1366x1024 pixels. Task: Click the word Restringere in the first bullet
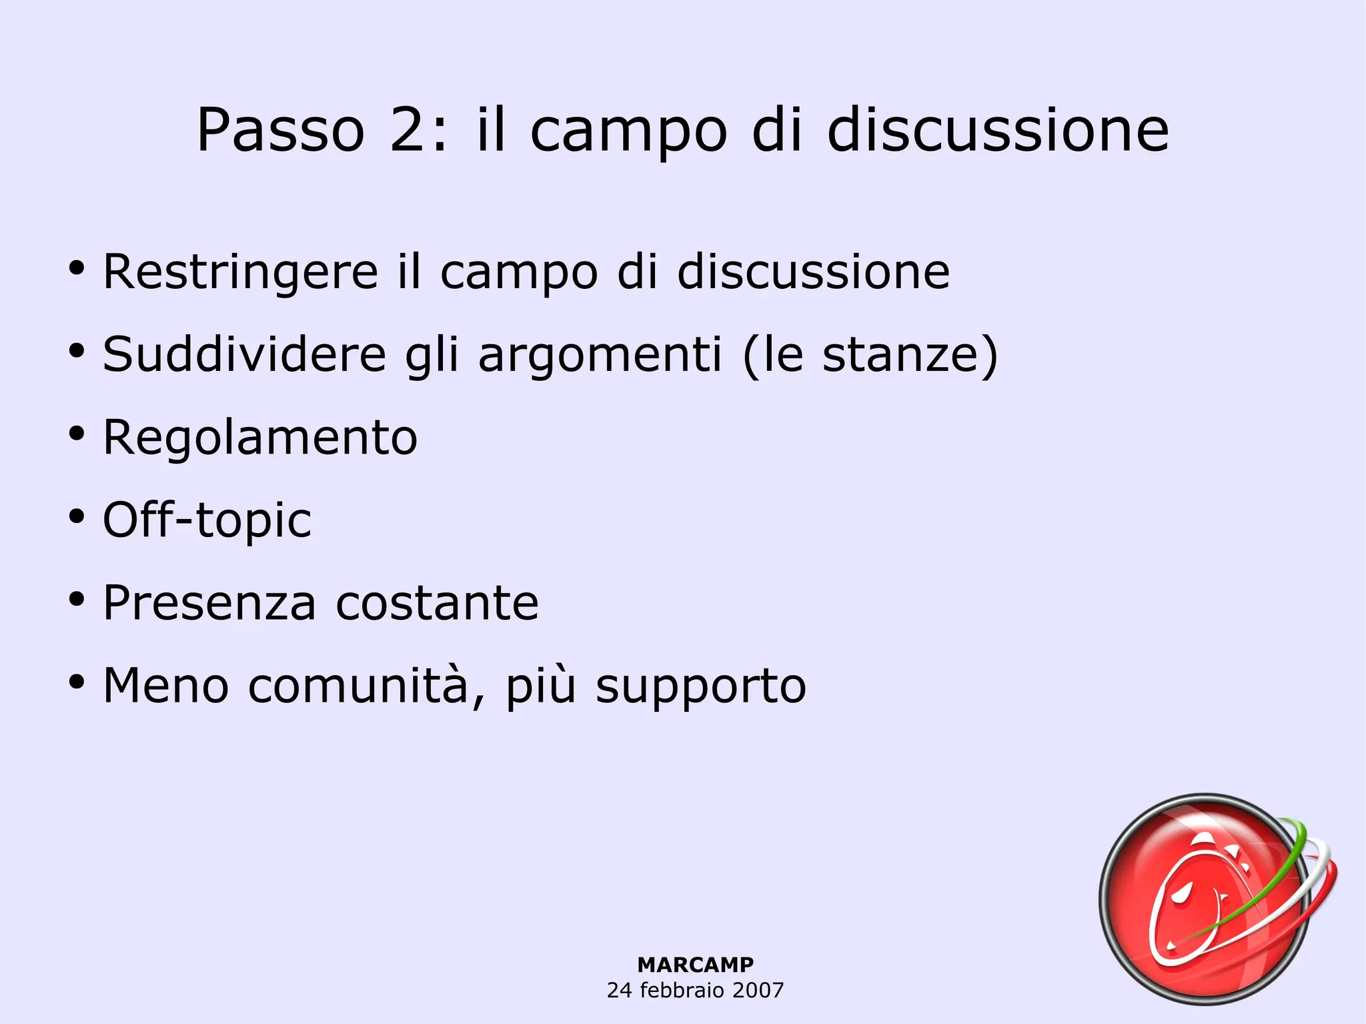tap(241, 273)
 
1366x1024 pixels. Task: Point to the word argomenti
tap(600, 356)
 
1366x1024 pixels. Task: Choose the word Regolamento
tap(260, 439)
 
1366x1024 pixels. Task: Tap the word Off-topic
tap(207, 520)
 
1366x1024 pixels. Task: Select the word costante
tap(437, 603)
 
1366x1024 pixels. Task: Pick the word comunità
tap(359, 686)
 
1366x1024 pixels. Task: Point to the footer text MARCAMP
tap(695, 965)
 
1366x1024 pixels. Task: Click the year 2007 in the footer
tap(758, 990)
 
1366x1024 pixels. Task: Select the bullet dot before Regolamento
tap(77, 434)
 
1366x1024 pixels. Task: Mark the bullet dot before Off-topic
tap(77, 517)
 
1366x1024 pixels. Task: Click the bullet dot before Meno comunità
tap(77, 682)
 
